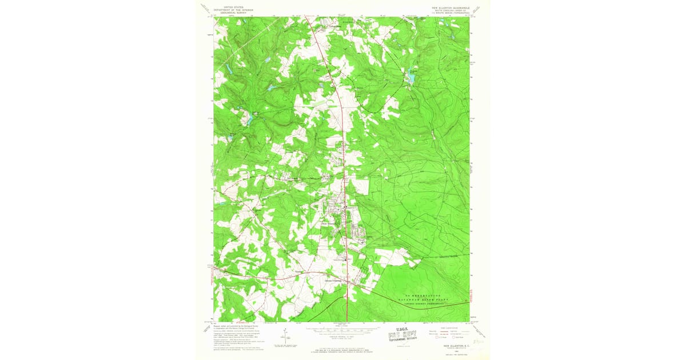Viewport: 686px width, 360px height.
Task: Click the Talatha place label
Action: (x=299, y=271)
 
